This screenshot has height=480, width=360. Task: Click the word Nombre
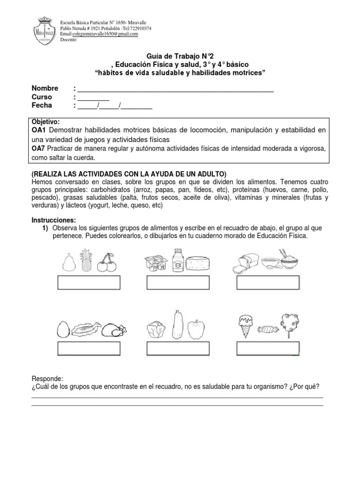pyautogui.click(x=45, y=89)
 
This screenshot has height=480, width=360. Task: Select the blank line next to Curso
pyautogui.click(x=93, y=97)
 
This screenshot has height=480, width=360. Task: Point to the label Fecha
pyautogui.click(x=42, y=105)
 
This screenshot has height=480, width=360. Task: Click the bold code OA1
pyautogui.click(x=39, y=130)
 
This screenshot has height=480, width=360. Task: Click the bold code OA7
pyautogui.click(x=39, y=149)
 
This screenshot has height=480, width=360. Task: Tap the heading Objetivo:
pyautogui.click(x=45, y=121)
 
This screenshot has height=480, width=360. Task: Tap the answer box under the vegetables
pyautogui.click(x=178, y=350)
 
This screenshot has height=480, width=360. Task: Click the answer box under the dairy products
pyautogui.click(x=178, y=284)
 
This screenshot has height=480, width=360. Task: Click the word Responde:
pyautogui.click(x=47, y=379)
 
